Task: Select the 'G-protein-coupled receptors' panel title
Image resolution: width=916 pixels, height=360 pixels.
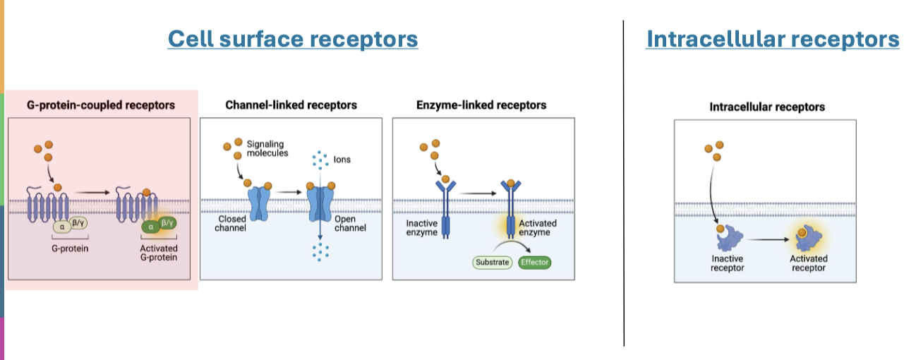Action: click(101, 105)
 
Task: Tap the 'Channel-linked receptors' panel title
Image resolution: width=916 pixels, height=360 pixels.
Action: click(291, 105)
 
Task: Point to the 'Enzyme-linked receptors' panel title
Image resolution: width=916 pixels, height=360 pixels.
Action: click(481, 105)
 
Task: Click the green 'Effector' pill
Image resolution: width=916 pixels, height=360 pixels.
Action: click(534, 262)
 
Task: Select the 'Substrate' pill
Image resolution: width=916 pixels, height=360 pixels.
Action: click(491, 262)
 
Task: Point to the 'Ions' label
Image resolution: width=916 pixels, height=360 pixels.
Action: click(342, 160)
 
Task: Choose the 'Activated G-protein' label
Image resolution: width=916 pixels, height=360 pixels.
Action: click(159, 253)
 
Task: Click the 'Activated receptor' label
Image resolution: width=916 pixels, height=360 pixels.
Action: click(808, 263)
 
